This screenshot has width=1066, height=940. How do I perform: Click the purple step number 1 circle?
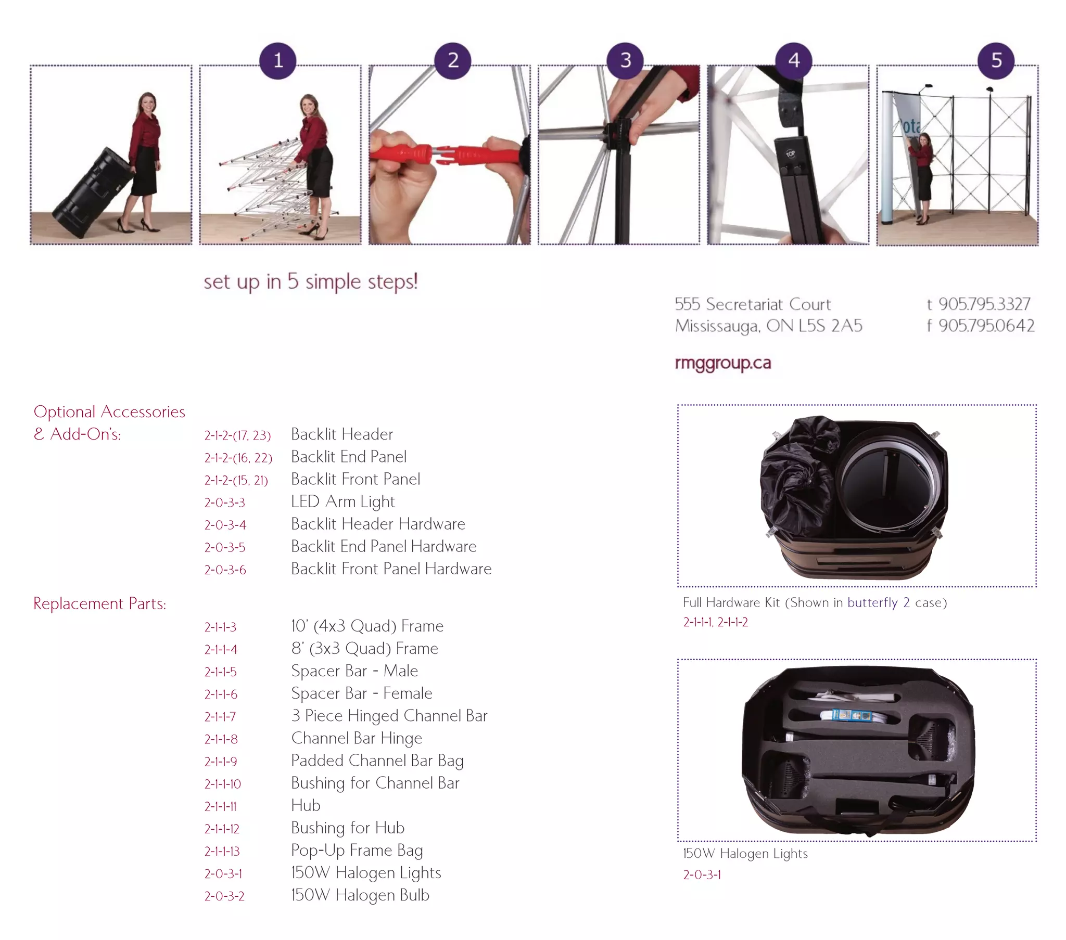pyautogui.click(x=278, y=61)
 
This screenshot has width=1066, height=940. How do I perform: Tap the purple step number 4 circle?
pyautogui.click(x=794, y=61)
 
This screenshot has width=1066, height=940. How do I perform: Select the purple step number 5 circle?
pyautogui.click(x=996, y=61)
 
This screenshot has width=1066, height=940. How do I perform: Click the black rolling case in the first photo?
pyautogui.click(x=91, y=193)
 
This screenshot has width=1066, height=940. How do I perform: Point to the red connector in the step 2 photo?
pyautogui.click(x=449, y=155)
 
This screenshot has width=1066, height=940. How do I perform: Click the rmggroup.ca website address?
pyautogui.click(x=722, y=363)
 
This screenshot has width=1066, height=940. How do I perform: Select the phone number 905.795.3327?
pyautogui.click(x=984, y=304)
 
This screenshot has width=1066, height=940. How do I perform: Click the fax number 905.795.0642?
pyautogui.click(x=986, y=326)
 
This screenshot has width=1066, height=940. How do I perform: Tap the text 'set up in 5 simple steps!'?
pyautogui.click(x=310, y=281)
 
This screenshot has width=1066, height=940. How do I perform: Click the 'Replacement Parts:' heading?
pyautogui.click(x=99, y=603)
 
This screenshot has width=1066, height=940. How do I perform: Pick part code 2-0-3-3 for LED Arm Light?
pyautogui.click(x=224, y=503)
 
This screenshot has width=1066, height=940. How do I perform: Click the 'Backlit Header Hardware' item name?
pyautogui.click(x=378, y=524)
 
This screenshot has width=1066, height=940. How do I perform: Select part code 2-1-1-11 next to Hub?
pyautogui.click(x=221, y=806)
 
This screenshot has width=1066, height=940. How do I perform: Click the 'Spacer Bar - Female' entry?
pyautogui.click(x=361, y=693)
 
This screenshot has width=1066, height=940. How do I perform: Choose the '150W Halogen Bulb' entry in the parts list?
pyautogui.click(x=360, y=895)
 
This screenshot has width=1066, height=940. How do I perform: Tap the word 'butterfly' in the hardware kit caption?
pyautogui.click(x=872, y=603)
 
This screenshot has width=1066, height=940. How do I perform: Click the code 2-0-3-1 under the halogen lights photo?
pyautogui.click(x=702, y=875)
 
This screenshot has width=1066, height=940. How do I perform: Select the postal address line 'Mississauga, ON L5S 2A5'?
pyautogui.click(x=768, y=326)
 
